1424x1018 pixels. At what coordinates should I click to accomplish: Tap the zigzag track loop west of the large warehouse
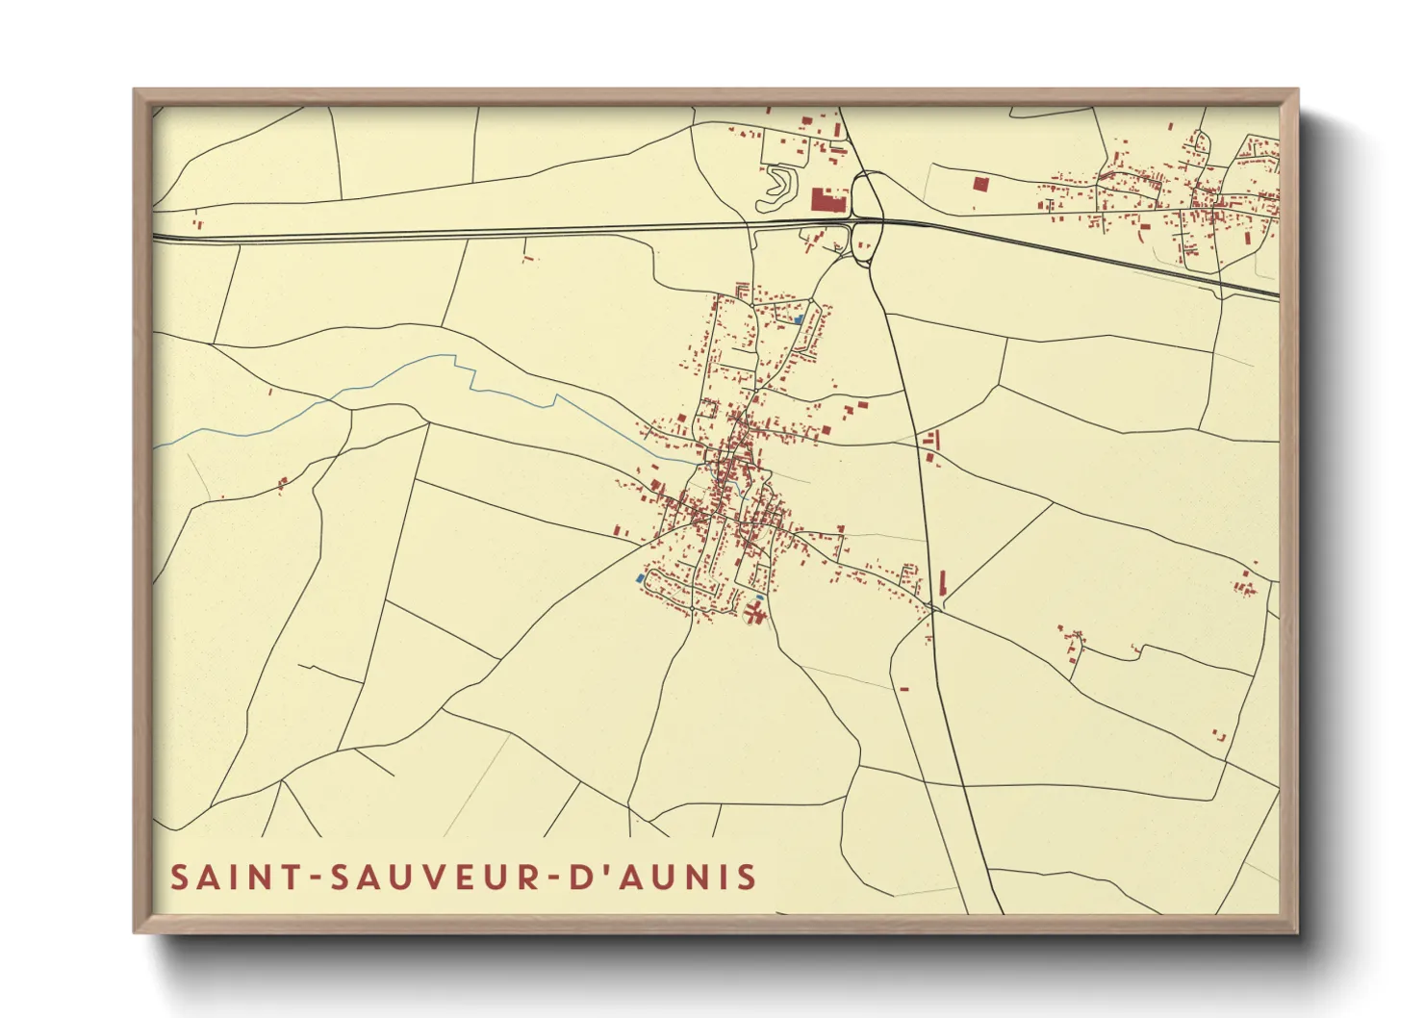pyautogui.click(x=777, y=189)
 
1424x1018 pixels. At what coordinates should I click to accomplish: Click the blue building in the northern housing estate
pyautogui.click(x=799, y=318)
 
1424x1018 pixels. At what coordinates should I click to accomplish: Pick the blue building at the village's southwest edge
pyautogui.click(x=640, y=578)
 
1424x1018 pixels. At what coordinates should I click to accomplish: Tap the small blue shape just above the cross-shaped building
pyautogui.click(x=759, y=598)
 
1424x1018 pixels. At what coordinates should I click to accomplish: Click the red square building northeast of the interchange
pyautogui.click(x=980, y=183)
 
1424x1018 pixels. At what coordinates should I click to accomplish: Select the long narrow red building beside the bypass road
pyautogui.click(x=942, y=582)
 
